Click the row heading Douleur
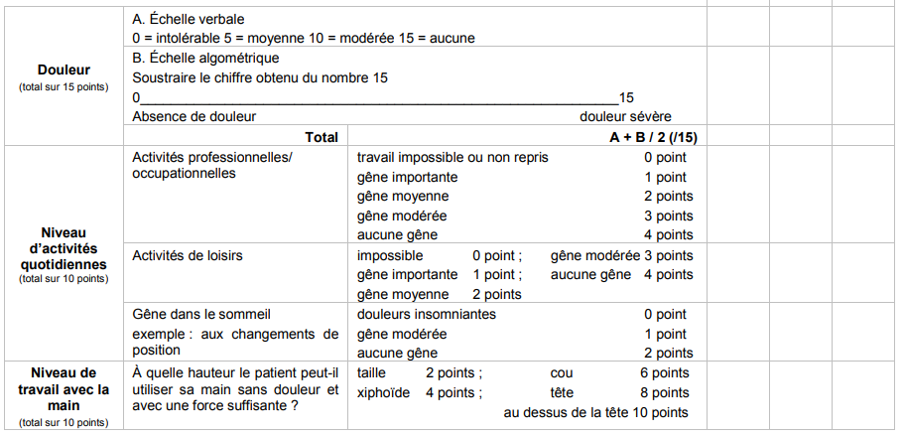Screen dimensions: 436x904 (64, 70)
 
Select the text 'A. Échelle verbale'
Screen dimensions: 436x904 (189, 19)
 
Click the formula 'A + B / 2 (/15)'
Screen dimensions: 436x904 (653, 137)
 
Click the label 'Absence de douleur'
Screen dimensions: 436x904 (194, 116)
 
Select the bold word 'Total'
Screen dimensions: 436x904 (322, 137)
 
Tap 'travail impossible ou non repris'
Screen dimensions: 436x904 (452, 157)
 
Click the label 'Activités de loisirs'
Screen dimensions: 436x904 (188, 255)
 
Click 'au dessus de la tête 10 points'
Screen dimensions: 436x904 (595, 412)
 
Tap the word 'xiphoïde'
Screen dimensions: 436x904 (383, 392)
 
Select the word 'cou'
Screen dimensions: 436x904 (561, 372)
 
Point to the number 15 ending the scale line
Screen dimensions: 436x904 (626, 97)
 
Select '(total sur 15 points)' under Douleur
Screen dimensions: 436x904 (64, 86)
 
